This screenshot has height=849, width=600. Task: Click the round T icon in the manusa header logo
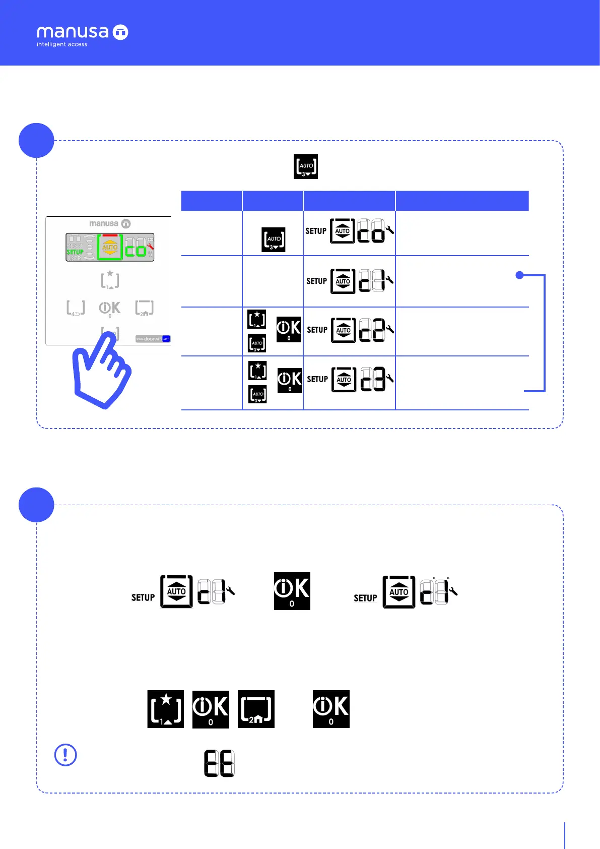pos(120,32)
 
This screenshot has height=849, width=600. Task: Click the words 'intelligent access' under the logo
pos(62,44)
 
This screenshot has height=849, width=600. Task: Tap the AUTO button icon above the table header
pos(306,166)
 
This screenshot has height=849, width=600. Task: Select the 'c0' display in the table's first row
pos(371,231)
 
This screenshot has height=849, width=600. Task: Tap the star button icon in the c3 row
pos(257,371)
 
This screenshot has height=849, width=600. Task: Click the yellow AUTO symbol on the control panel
pos(110,248)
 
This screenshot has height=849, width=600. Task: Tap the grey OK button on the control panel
pos(109,308)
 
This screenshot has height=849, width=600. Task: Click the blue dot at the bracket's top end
pos(520,275)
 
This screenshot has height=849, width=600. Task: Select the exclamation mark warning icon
pos(65,755)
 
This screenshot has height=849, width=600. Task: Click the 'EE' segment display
pos(219,763)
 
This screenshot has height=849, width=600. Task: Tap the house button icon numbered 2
pos(256,709)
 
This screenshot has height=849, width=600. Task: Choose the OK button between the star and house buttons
pos(211,709)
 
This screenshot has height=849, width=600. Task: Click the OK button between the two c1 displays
pos(292,591)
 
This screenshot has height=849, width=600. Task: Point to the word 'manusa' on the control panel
pos(104,223)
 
